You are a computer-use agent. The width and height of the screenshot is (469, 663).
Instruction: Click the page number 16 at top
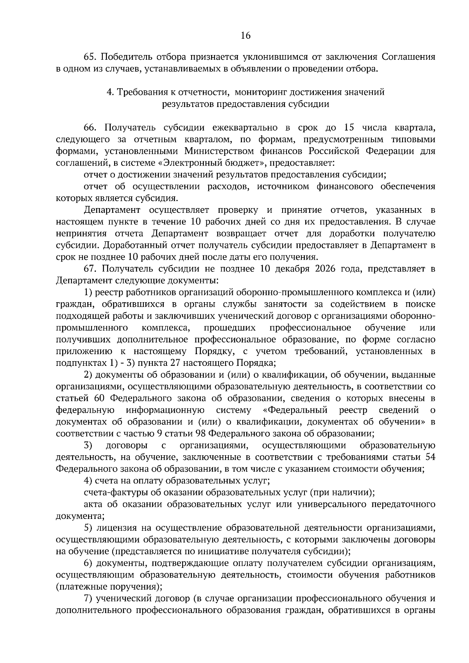(x=245, y=36)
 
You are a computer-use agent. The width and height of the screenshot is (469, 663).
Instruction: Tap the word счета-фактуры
(x=110, y=492)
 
